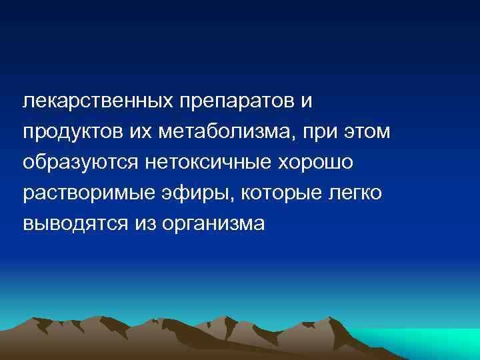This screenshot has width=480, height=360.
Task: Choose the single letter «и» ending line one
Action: pyautogui.click(x=306, y=101)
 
